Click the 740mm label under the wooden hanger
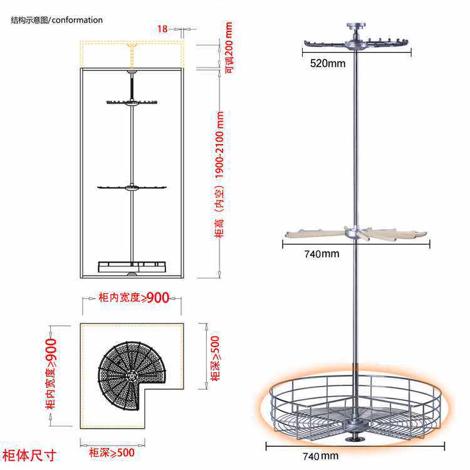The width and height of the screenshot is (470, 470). [322, 254]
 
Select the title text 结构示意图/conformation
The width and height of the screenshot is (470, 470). [56, 20]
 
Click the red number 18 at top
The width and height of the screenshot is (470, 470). [162, 29]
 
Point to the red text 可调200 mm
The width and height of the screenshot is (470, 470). [229, 47]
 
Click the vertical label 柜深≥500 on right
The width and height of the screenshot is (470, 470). [215, 358]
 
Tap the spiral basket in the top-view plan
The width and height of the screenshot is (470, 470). [129, 373]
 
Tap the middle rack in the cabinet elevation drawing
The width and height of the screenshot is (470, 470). [132, 187]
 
